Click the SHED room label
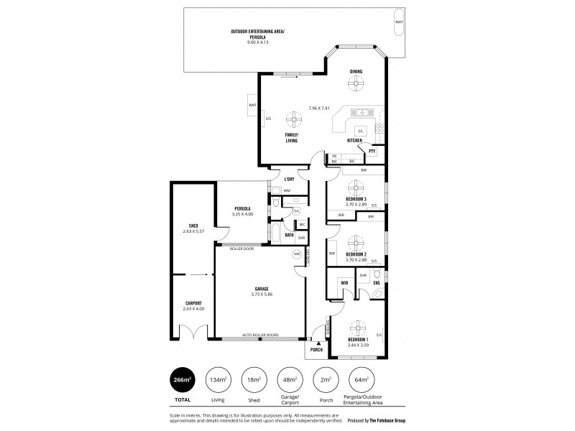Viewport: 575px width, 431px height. [x=193, y=226]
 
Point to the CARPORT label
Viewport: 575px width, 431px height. [x=193, y=303]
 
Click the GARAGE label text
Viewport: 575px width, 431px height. [x=262, y=289]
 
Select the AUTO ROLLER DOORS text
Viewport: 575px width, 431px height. [x=261, y=335]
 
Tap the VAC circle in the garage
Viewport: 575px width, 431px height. [x=296, y=254]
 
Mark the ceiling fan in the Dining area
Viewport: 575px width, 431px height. [x=355, y=83]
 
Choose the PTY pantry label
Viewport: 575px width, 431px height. [x=372, y=152]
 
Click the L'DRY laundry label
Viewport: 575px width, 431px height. [x=289, y=179]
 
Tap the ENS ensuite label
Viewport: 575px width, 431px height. [x=376, y=283]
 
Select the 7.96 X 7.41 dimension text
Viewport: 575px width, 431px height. [x=318, y=108]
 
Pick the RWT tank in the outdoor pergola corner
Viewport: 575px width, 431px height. [x=399, y=22]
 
